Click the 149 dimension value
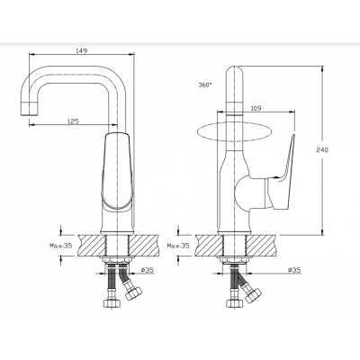[x=82, y=50]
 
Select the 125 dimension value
[x=73, y=121]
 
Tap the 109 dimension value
[x=256, y=108]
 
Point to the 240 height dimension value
[x=322, y=149]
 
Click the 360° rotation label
[x=205, y=85]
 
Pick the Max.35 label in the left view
[x=61, y=246]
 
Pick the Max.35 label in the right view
[x=178, y=246]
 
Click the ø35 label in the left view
[x=147, y=270]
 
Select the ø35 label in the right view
[x=294, y=270]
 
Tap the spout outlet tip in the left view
[x=30, y=108]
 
